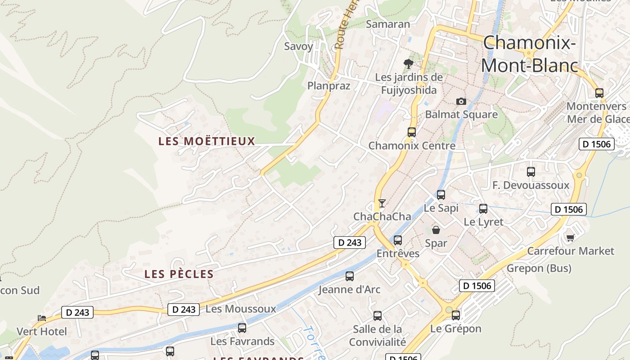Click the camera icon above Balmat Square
click(461, 101)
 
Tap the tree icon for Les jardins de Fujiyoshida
click(409, 63)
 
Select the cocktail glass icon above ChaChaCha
click(382, 203)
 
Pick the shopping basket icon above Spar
click(436, 230)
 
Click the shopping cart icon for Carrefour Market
click(571, 238)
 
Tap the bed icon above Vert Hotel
click(42, 318)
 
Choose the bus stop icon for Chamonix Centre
click(411, 132)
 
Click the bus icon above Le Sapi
click(441, 195)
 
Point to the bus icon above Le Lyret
click(483, 209)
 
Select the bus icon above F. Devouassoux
click(531, 172)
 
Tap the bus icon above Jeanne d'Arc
click(350, 276)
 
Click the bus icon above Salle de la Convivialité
click(378, 316)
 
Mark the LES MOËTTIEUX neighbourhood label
click(207, 141)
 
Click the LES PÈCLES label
click(179, 274)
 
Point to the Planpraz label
click(328, 86)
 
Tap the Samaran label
click(388, 24)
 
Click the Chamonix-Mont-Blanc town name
click(529, 54)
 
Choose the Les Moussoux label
click(240, 309)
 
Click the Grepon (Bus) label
click(539, 269)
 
